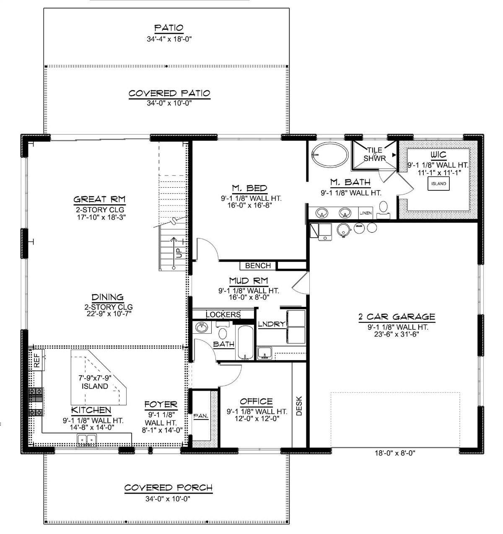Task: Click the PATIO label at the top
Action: coord(169,28)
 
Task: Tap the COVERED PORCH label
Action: coord(169,487)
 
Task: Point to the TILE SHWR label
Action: coord(374,154)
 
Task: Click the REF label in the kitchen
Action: coord(36,361)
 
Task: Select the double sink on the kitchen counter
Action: coord(87,439)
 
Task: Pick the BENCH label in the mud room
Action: coord(258,266)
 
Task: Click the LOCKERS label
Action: coord(223,314)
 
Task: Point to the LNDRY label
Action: coord(271,324)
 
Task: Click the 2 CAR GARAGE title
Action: coord(397,317)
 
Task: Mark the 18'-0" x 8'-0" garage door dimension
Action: coord(395,453)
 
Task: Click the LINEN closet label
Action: coord(366,213)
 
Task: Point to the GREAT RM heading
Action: coord(100,199)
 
